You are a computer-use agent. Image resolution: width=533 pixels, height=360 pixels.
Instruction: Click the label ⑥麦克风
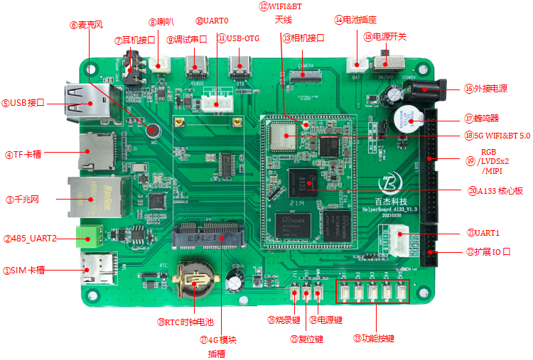click(x=87, y=25)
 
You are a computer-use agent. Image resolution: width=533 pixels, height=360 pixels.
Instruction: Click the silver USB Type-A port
click(x=83, y=103)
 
